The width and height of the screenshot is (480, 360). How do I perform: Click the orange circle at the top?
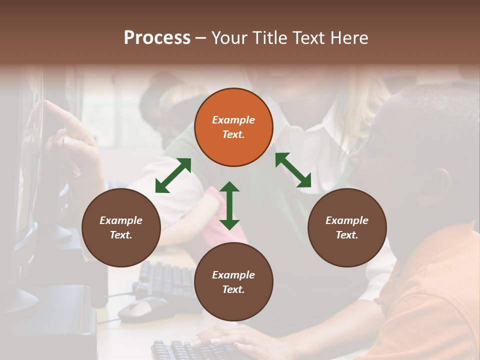tap(233, 127)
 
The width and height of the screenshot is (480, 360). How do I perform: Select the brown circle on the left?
tap(121, 227)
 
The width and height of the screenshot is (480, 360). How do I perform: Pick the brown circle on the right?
tap(347, 227)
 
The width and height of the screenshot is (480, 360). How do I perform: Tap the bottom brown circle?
tap(233, 282)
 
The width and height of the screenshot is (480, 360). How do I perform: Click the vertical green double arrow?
tap(229, 205)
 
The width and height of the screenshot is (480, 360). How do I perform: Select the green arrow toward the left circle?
tap(173, 175)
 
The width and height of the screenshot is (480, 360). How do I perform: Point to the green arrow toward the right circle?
tap(293, 170)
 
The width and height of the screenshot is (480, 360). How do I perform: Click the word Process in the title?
tap(157, 38)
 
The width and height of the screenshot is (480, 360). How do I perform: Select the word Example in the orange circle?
tap(233, 120)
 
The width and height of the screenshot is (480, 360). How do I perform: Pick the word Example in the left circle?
tap(121, 220)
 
